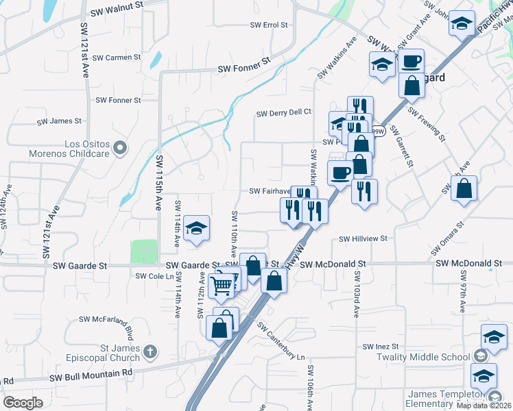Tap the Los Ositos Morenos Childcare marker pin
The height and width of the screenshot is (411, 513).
(x=121, y=148)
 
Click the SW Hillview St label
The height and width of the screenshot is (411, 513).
(x=363, y=239)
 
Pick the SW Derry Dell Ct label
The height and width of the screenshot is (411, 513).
(x=284, y=113)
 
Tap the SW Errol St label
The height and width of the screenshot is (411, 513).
(x=269, y=25)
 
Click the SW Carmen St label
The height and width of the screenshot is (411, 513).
(x=117, y=58)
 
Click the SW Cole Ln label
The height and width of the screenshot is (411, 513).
(x=152, y=276)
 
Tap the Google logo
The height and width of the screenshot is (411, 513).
(x=23, y=403)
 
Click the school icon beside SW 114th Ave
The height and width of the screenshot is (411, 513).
(x=197, y=228)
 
